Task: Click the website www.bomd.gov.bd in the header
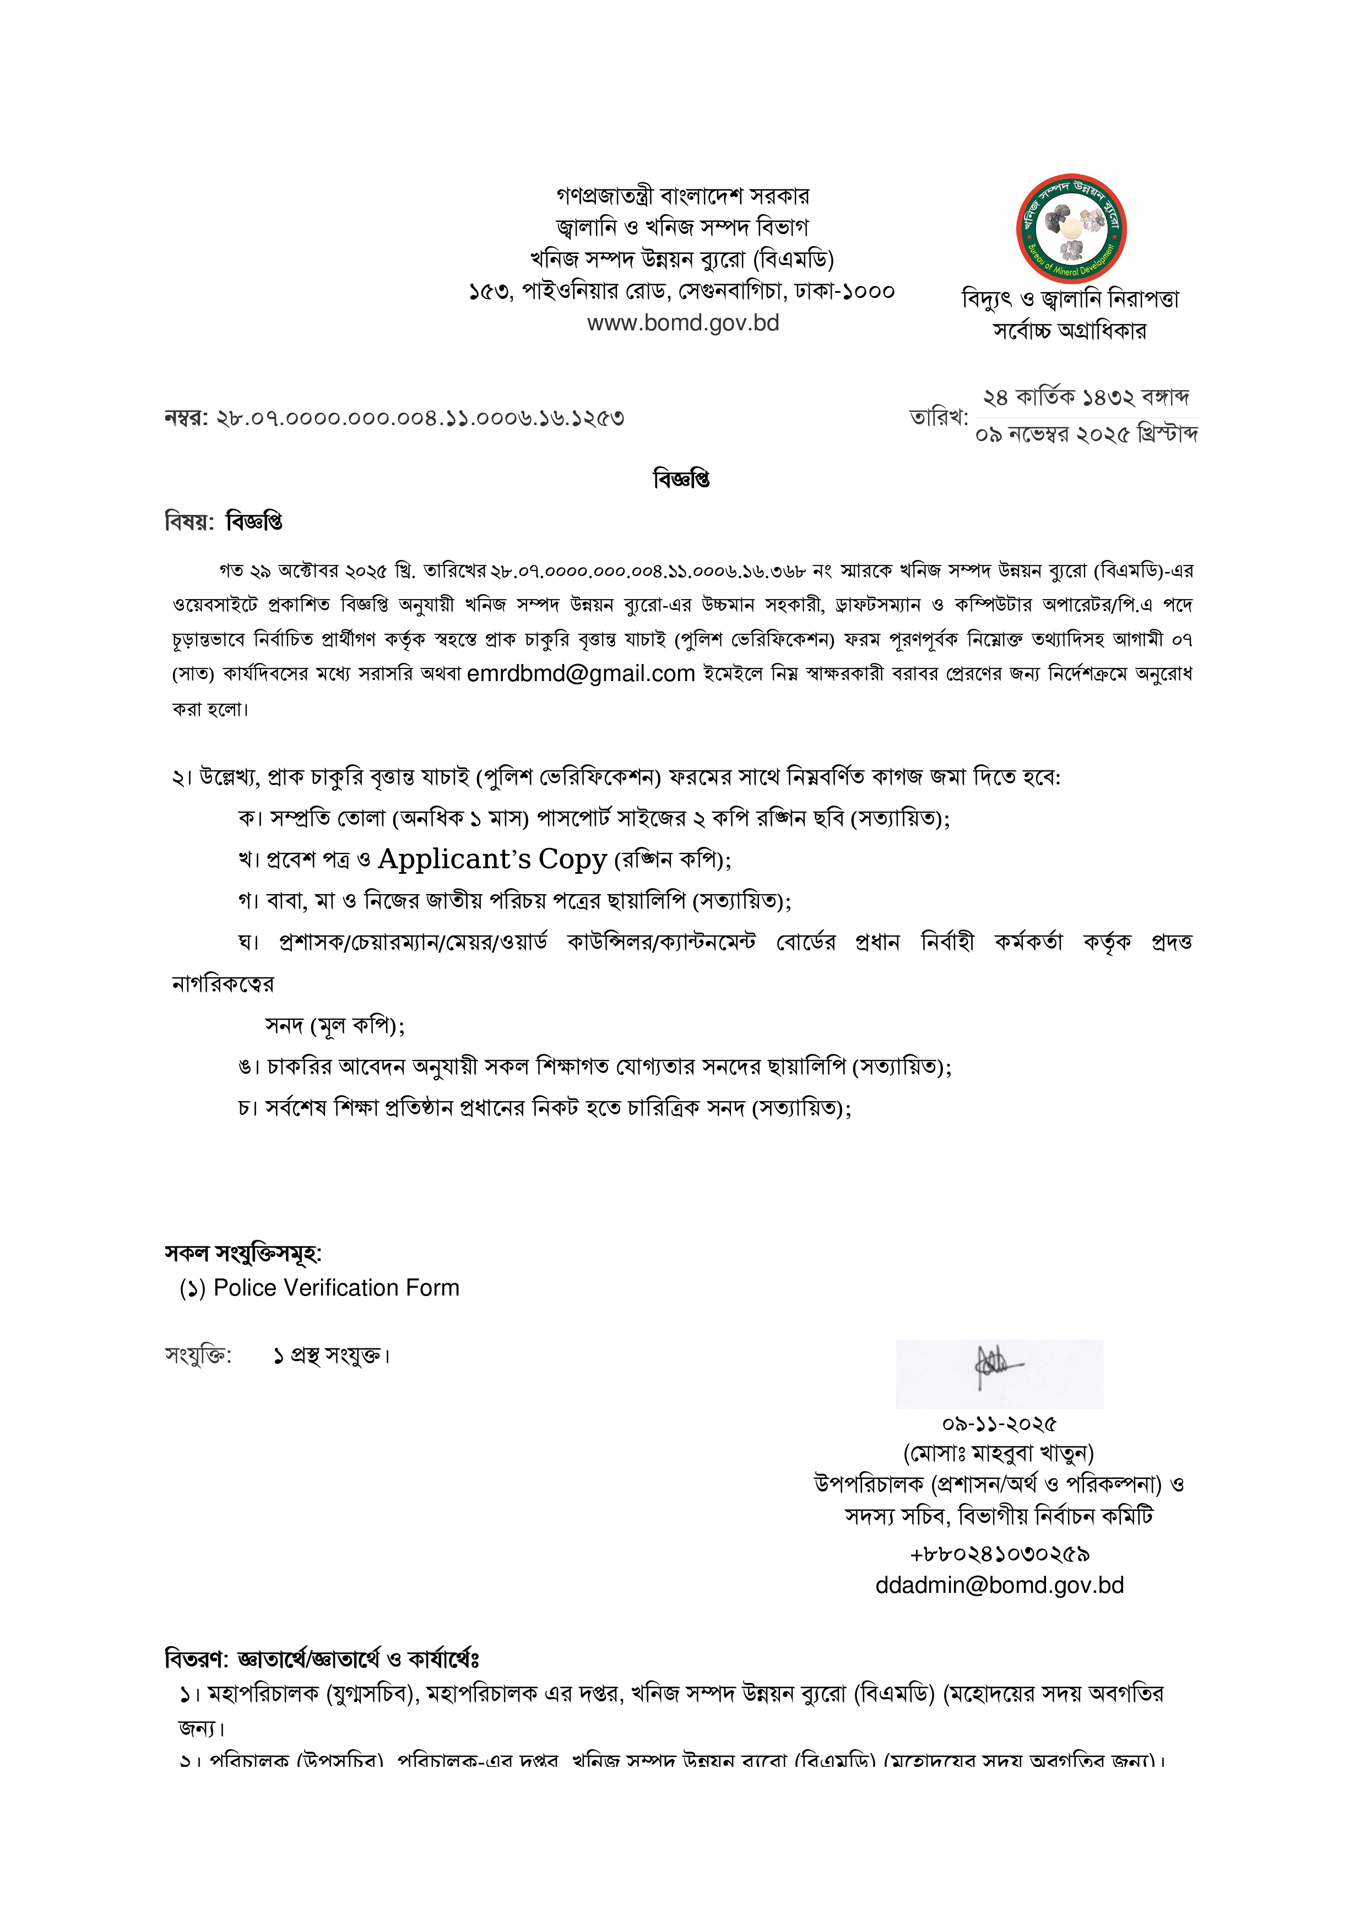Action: pyautogui.click(x=682, y=323)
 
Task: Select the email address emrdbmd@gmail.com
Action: pyautogui.click(x=580, y=674)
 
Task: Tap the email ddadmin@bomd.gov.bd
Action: pyautogui.click(x=999, y=1585)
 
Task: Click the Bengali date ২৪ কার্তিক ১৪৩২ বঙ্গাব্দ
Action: pyautogui.click(x=1086, y=396)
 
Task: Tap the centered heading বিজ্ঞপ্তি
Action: pyautogui.click(x=682, y=480)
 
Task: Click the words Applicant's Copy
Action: pyautogui.click(x=492, y=859)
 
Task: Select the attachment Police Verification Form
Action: pyautogui.click(x=336, y=1288)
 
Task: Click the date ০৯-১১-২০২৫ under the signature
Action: pyautogui.click(x=999, y=1424)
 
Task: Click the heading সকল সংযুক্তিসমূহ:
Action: pyautogui.click(x=242, y=1253)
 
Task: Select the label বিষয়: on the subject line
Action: pyautogui.click(x=189, y=523)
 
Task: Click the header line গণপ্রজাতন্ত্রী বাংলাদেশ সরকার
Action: pyautogui.click(x=682, y=196)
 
